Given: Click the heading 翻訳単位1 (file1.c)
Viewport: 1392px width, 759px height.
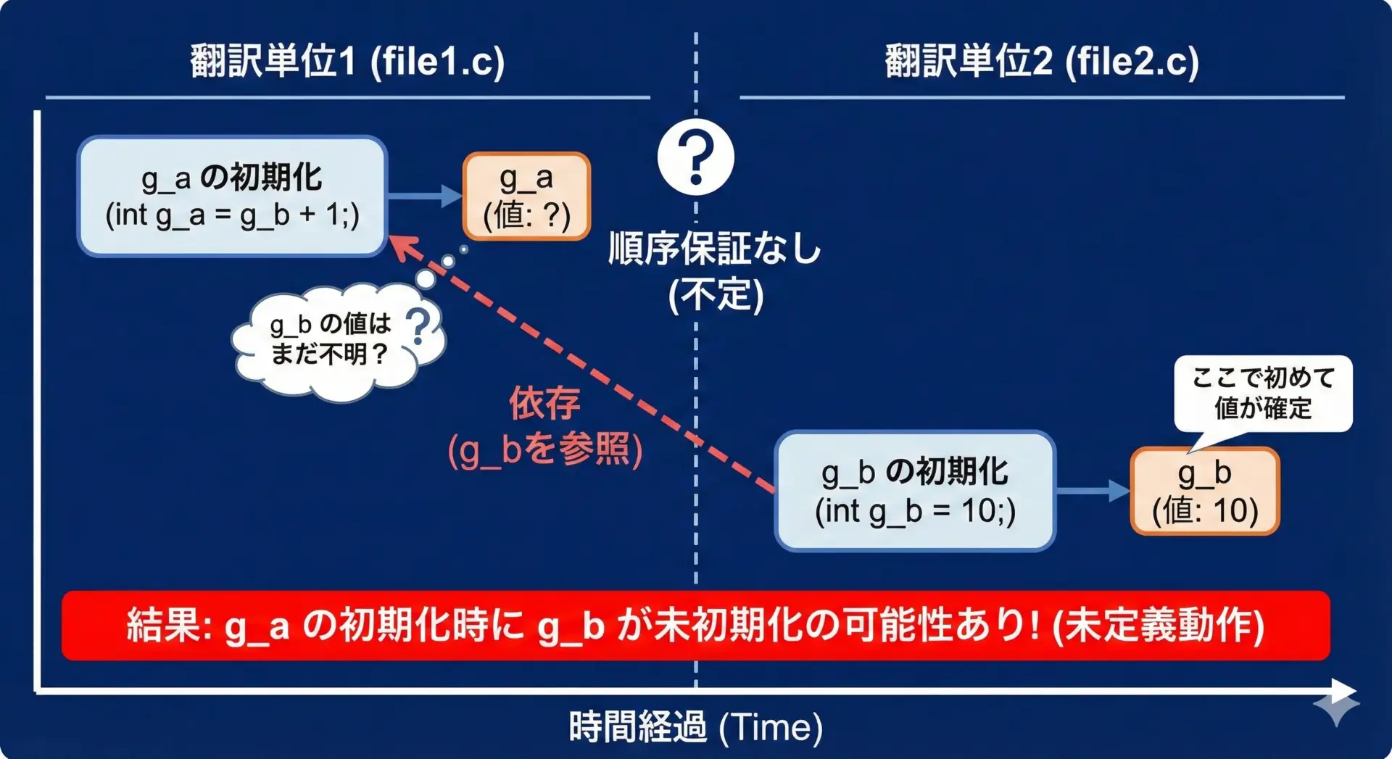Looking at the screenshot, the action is (x=347, y=61).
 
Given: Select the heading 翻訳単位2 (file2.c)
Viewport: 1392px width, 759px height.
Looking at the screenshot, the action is (x=1042, y=61).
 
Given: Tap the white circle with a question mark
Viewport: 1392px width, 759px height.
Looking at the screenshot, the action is (x=696, y=157).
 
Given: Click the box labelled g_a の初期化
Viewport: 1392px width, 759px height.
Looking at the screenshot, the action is (x=233, y=196).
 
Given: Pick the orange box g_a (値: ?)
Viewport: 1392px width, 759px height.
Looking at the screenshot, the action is (x=526, y=196).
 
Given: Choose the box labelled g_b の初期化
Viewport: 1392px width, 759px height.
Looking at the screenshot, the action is (x=915, y=491).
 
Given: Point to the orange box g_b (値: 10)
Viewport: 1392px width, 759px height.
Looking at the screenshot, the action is (x=1205, y=491).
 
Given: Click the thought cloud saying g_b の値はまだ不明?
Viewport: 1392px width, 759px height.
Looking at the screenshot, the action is (x=337, y=341).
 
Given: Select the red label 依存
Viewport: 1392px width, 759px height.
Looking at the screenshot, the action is (x=544, y=403).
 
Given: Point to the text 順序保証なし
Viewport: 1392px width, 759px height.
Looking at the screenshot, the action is (x=714, y=249).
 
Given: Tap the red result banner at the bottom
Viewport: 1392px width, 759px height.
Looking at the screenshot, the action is (x=696, y=626).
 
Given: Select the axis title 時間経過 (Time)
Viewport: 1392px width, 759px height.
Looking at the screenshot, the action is (x=696, y=727).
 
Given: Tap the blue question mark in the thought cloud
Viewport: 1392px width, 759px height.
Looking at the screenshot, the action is (x=418, y=326).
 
